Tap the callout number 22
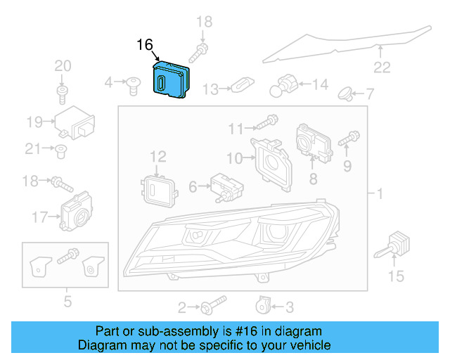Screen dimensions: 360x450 (381, 67)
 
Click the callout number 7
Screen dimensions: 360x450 (371, 94)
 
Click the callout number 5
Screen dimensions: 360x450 (67, 302)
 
